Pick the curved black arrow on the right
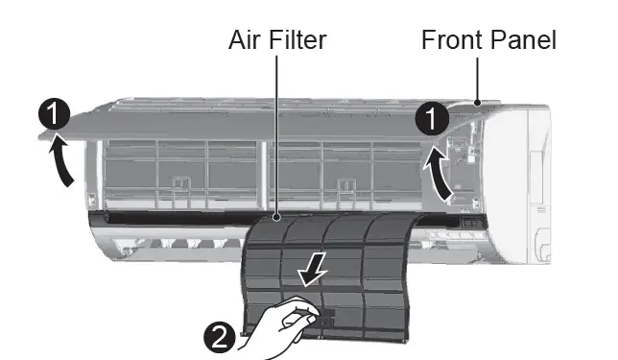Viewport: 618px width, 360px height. tap(440, 174)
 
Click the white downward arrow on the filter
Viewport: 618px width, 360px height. tap(310, 274)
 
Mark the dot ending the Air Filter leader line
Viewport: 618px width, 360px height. tap(276, 219)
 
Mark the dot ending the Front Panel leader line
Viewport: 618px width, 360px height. tap(477, 100)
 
